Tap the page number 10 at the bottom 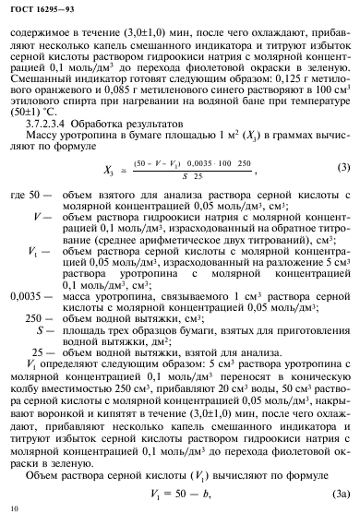[x=13, y=508]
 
